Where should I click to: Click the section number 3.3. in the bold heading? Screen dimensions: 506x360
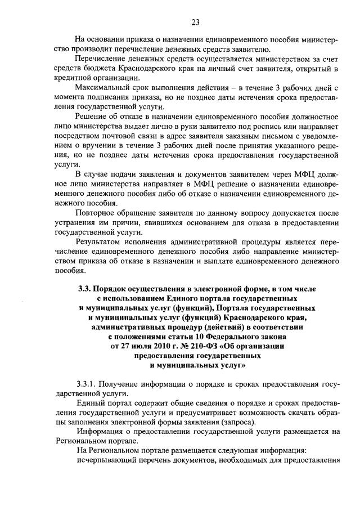pyautogui.click(x=84, y=289)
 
